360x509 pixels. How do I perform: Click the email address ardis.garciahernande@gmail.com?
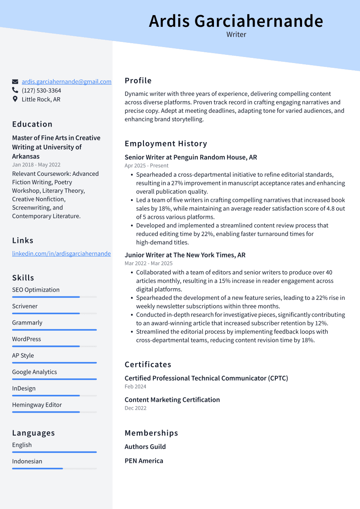tap(67, 82)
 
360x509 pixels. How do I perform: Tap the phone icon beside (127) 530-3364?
tap(15, 90)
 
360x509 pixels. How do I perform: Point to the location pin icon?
tap(15, 99)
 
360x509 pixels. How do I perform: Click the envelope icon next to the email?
tap(15, 82)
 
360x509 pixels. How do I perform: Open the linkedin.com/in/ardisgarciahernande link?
tap(61, 254)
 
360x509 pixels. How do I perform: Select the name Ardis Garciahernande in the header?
tap(236, 21)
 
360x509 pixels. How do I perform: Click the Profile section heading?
tap(138, 81)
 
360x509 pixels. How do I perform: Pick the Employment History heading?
tap(166, 144)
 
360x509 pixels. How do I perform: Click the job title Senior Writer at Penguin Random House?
tap(191, 157)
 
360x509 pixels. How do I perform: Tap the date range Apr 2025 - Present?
tap(147, 165)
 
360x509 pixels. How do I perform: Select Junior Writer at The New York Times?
tap(185, 255)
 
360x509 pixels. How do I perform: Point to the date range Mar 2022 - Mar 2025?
tap(148, 263)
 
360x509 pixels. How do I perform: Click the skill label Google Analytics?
tap(35, 372)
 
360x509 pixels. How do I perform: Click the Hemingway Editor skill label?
tap(37, 405)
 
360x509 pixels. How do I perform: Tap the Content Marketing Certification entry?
tap(172, 400)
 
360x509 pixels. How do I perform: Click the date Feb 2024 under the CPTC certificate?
tap(135, 386)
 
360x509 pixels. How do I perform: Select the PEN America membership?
tap(144, 461)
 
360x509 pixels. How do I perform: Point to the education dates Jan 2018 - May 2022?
tap(36, 165)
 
